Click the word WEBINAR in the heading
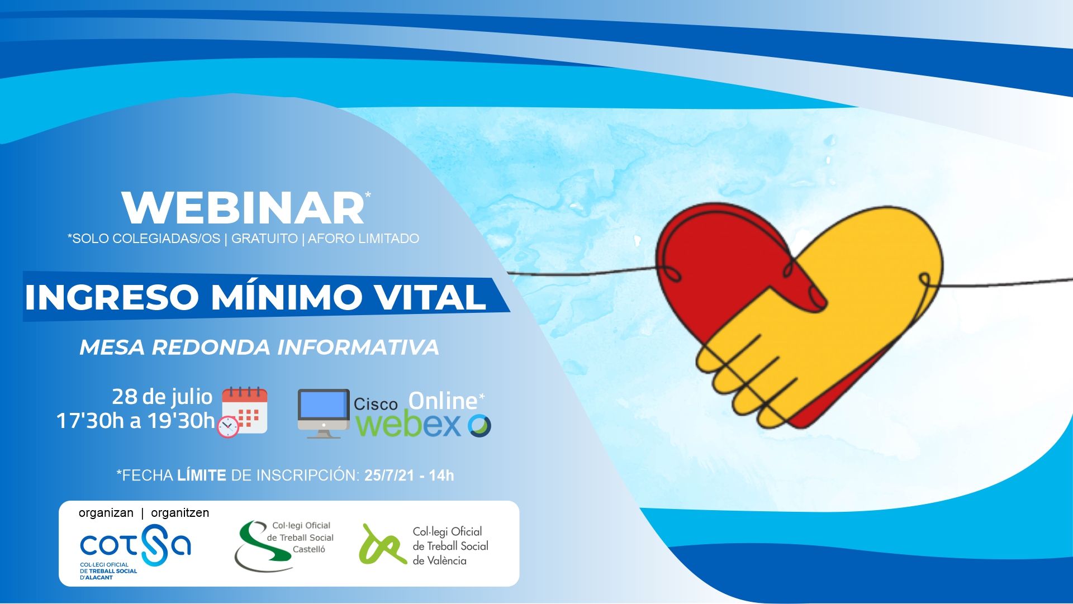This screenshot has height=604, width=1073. pos(243,208)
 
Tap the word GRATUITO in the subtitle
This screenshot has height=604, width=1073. pos(264,239)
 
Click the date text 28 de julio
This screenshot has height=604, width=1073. pos(162,397)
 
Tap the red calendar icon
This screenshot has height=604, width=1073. pos(245,410)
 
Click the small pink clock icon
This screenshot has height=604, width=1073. pos(227,427)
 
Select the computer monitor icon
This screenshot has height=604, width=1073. pos(324,413)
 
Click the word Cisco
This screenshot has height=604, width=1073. pos(376,404)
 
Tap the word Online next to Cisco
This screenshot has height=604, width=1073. pos(443,401)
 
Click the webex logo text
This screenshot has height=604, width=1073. pos(423,425)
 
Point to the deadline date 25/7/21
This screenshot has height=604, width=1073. pos(389,475)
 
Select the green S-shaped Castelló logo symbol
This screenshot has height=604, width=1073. pos(262,546)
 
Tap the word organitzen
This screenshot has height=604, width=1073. pos(180,513)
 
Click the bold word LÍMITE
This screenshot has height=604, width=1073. pos(202,475)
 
